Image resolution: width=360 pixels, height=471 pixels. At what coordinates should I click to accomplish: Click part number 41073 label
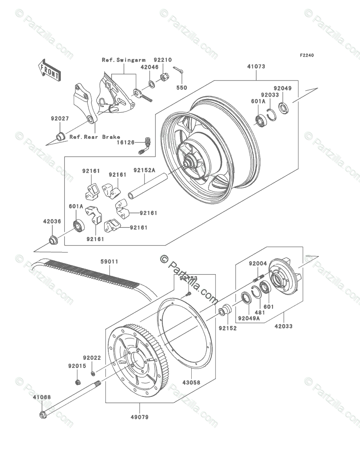click(256, 67)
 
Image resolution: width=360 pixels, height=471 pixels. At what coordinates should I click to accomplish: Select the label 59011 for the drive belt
click(109, 262)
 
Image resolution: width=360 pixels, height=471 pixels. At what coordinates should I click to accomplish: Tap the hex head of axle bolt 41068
click(43, 414)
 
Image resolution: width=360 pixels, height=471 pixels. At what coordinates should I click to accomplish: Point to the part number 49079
click(139, 417)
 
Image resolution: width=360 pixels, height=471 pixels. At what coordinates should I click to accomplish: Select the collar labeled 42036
click(53, 240)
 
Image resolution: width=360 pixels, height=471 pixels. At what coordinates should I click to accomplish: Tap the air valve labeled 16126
click(147, 143)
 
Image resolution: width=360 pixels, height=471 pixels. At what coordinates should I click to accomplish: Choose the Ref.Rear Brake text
click(95, 137)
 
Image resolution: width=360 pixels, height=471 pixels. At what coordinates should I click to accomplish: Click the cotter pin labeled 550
click(180, 72)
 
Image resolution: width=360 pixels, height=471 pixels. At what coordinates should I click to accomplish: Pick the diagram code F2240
click(306, 56)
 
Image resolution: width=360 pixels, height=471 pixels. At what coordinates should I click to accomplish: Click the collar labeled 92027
click(60, 136)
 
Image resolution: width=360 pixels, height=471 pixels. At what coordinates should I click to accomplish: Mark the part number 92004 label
click(257, 264)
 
